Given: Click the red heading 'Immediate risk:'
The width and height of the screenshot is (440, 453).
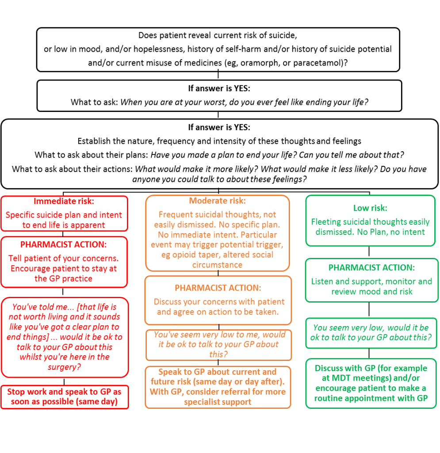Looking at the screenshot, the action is pyautogui.click(x=64, y=201).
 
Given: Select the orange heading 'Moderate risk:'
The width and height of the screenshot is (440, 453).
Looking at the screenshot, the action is pyautogui.click(x=218, y=201).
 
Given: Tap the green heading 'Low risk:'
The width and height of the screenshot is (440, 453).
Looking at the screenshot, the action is pyautogui.click(x=371, y=208).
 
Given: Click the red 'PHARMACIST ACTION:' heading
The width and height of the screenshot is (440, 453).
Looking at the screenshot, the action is pyautogui.click(x=64, y=244).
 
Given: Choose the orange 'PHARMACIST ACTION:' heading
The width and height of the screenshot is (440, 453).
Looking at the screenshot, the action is pyautogui.click(x=218, y=288).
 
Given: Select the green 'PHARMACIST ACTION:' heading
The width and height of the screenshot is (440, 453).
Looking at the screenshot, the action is pyautogui.click(x=371, y=268).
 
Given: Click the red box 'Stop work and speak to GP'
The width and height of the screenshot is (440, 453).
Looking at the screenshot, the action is pyautogui.click(x=65, y=397).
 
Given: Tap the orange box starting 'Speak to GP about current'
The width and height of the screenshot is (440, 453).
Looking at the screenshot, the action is pyautogui.click(x=218, y=387).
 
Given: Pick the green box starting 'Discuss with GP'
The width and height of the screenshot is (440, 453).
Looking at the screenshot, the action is pyautogui.click(x=371, y=384).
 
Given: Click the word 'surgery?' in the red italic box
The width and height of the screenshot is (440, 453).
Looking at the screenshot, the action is pyautogui.click(x=65, y=367).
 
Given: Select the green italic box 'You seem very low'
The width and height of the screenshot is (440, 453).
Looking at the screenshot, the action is pyautogui.click(x=371, y=333).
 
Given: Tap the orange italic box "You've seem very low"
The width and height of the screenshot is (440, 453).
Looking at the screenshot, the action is pyautogui.click(x=218, y=345).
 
